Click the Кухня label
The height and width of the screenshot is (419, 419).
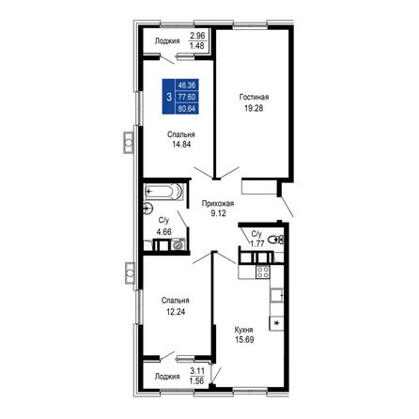point(244,330)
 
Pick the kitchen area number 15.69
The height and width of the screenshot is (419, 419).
point(244,341)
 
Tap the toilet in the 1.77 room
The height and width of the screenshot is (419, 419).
point(272,242)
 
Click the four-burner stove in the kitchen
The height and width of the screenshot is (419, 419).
point(265,272)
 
